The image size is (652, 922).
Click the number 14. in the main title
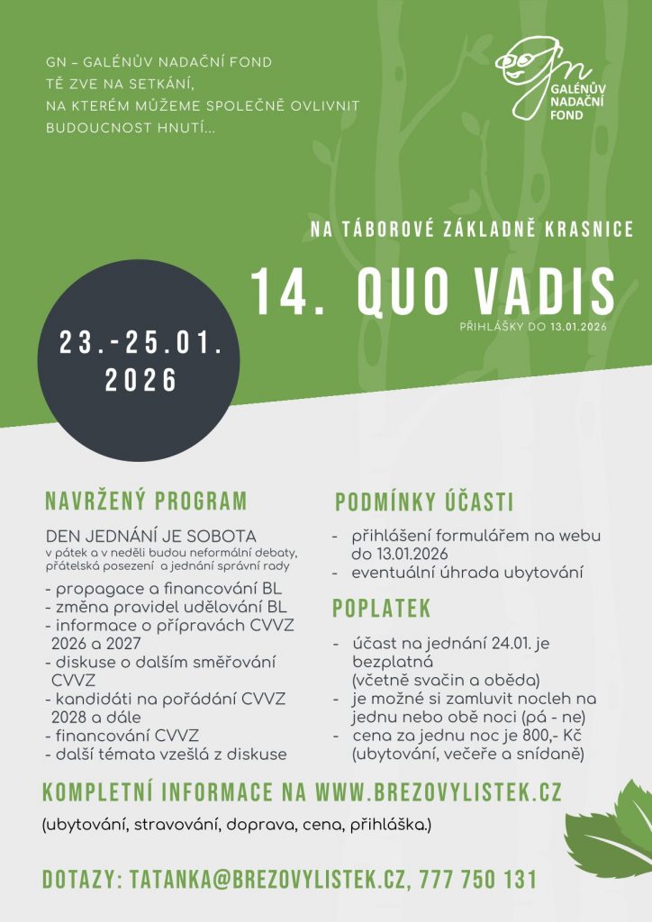[x=287, y=292]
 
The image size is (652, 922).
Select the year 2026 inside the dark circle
[x=140, y=381]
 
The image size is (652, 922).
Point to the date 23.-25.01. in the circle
[x=140, y=342]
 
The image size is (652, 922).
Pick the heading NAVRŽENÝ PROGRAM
[x=145, y=502]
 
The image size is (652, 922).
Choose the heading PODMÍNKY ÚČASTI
[x=424, y=502]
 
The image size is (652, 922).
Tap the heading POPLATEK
[x=381, y=609]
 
